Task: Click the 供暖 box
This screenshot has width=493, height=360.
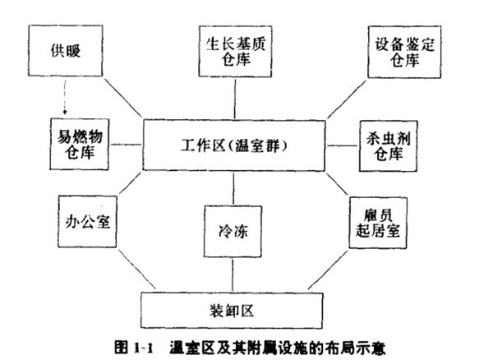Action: [x=66, y=51]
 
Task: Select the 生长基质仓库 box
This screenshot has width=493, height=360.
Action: [x=235, y=51]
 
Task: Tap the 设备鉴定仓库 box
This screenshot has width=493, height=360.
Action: [x=404, y=52]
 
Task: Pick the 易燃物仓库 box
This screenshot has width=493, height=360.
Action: [x=80, y=144]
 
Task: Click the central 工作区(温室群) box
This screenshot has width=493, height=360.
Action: [x=233, y=145]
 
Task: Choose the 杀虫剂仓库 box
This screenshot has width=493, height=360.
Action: [x=389, y=145]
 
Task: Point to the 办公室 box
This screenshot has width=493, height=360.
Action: [x=87, y=222]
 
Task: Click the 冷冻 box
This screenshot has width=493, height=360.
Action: [x=233, y=232]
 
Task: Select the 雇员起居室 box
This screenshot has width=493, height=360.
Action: [x=378, y=223]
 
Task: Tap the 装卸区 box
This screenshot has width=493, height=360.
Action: [x=232, y=311]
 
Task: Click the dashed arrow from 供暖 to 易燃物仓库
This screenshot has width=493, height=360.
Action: [x=65, y=97]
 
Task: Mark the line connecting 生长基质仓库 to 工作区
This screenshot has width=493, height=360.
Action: [x=235, y=99]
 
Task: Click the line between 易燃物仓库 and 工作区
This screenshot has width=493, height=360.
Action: [x=126, y=145]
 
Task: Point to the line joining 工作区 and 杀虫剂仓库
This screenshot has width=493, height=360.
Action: [x=343, y=145]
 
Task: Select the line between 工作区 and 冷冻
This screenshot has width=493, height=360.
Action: [x=233, y=189]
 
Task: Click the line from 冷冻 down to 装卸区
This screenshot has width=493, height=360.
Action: [x=233, y=275]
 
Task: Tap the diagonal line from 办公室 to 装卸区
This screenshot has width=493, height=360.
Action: [x=136, y=269]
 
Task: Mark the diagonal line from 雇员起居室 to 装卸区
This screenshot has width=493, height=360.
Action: [x=328, y=270]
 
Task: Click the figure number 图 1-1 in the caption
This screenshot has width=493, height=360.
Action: [x=134, y=348]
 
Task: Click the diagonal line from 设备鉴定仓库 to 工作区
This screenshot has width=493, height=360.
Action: [x=347, y=99]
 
